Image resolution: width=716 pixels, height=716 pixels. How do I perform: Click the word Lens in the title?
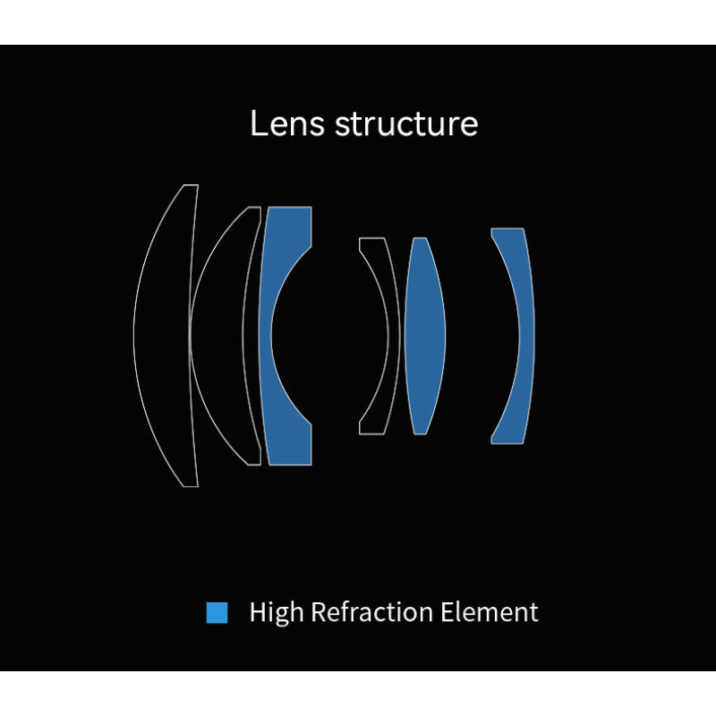click(x=287, y=123)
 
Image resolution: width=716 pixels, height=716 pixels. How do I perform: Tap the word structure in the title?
click(x=406, y=124)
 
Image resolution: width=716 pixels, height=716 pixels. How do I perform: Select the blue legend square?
click(x=217, y=612)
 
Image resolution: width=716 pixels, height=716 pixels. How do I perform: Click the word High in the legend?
click(x=277, y=612)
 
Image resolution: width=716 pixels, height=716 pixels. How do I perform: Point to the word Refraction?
click(x=371, y=612)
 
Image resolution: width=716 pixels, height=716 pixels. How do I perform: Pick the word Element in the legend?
click(x=489, y=612)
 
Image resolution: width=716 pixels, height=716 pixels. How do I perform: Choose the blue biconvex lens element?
click(x=424, y=336)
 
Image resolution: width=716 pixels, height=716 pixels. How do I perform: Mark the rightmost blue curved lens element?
click(x=526, y=336)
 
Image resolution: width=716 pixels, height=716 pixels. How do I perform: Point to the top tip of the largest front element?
click(x=191, y=185)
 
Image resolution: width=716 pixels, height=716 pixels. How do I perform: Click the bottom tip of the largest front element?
click(x=191, y=486)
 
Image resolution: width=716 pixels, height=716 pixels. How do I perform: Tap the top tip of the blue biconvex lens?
click(x=420, y=238)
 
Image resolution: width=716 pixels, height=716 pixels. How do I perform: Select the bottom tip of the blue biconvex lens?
click(x=420, y=434)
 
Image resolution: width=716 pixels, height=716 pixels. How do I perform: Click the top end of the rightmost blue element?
click(x=507, y=229)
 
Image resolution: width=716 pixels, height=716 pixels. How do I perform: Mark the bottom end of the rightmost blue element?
click(x=507, y=442)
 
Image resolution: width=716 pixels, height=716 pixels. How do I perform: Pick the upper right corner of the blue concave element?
click(x=311, y=208)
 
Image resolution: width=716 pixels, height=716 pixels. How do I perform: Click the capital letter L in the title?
click(x=258, y=123)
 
